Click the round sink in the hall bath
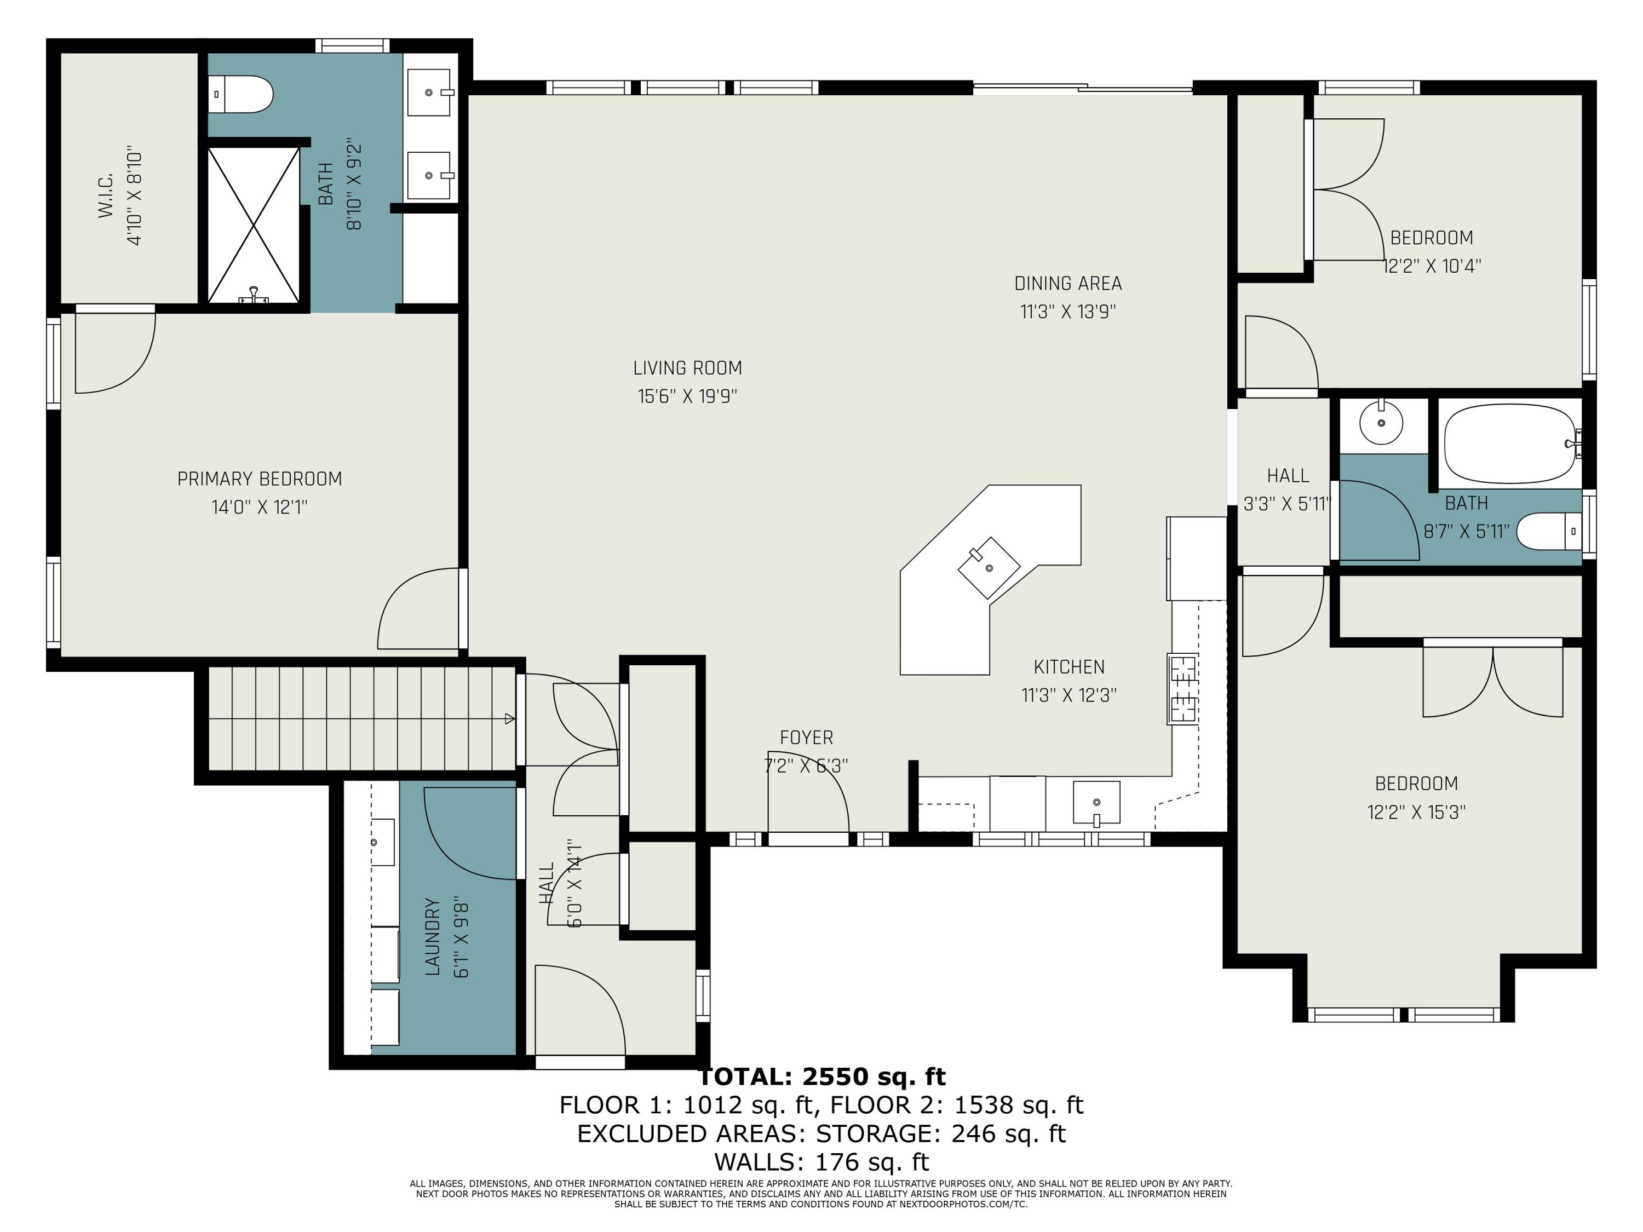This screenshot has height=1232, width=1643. (1381, 423)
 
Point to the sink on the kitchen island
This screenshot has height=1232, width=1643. (989, 567)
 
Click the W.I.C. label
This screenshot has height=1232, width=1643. (106, 196)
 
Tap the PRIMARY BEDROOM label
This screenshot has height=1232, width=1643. (259, 479)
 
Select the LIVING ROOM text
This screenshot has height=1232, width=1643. (687, 367)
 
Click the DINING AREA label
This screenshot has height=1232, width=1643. (1068, 283)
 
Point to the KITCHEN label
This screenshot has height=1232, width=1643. (1069, 667)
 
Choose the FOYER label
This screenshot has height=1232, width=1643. (806, 738)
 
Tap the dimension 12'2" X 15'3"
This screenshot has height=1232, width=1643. (1416, 811)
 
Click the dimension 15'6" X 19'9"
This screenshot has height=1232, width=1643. (687, 396)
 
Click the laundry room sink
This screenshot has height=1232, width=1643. (382, 842)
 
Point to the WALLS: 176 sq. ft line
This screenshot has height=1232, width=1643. (821, 1161)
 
